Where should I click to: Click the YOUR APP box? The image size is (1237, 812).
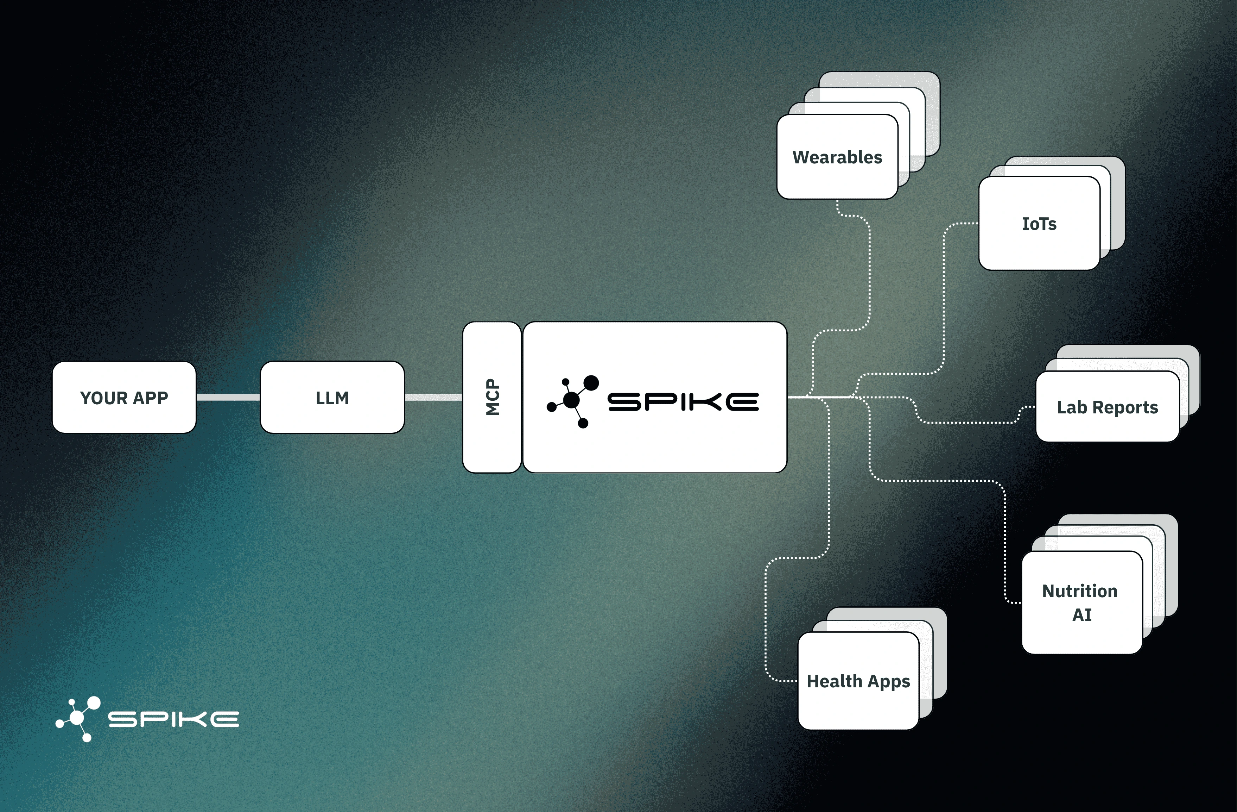pos(124,398)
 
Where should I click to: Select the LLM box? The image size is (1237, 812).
pos(332,398)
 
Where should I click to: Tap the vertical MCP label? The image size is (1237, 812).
pos(492,398)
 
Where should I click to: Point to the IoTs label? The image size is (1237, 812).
pos(1039,224)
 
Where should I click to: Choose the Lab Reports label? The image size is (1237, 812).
pos(1108,407)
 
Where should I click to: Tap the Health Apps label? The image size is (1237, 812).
pos(858,681)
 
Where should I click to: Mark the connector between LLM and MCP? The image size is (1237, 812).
pos(433,398)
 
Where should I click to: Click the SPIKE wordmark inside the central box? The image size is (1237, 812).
pos(683,401)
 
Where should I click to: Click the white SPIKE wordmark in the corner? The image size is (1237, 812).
pos(173,719)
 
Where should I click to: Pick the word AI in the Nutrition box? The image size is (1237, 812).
pos(1081,615)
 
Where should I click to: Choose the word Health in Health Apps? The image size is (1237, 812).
pos(834,681)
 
